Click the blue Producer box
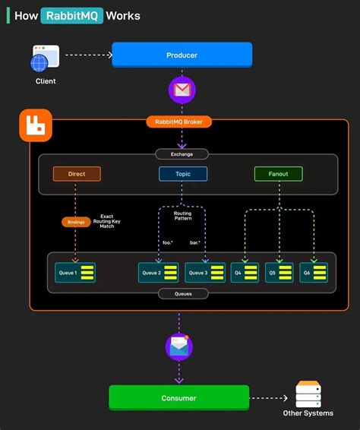pos(182,55)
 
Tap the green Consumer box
pos(178,397)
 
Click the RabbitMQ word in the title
pos(72,15)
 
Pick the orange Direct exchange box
pos(77,174)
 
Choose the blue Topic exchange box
pos(182,174)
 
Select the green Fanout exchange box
pos(278,174)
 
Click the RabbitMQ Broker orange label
pos(179,122)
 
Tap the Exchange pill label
pos(182,154)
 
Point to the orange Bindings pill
pos(76,222)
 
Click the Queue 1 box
pos(76,272)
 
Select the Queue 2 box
pos(159,272)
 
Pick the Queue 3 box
pos(205,272)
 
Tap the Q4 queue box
pos(245,272)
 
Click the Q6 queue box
pos(313,272)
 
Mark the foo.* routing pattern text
pos(169,243)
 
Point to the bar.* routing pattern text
pos(195,243)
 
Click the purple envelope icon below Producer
pos(182,90)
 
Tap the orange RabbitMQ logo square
pos(35,125)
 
